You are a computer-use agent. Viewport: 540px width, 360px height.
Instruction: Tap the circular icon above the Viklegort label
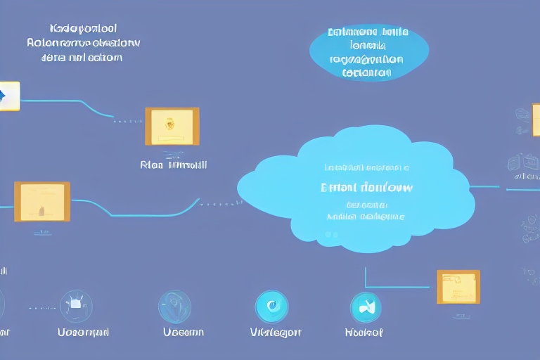(271, 307)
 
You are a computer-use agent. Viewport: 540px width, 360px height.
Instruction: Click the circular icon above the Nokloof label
(366, 307)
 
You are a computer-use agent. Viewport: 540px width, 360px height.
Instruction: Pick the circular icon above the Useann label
(174, 307)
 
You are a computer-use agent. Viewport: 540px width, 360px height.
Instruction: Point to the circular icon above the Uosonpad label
(77, 307)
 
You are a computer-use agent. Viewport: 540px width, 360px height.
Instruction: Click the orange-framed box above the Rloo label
(172, 126)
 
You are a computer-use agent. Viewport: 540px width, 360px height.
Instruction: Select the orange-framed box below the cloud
(458, 286)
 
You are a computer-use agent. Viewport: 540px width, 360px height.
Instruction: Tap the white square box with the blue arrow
(8, 96)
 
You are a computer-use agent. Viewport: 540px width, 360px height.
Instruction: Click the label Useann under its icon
(182, 333)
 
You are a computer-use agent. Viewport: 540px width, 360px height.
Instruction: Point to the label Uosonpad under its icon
(82, 333)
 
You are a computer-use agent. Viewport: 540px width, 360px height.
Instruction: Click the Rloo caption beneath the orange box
(173, 165)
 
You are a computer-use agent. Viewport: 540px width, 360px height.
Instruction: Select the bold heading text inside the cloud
(367, 188)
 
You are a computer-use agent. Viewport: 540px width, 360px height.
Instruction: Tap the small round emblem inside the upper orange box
(170, 124)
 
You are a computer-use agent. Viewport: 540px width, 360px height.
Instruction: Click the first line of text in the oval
(368, 32)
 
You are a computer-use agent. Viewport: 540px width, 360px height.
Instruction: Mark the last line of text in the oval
(367, 72)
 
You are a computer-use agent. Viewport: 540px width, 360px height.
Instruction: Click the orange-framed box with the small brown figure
(41, 202)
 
